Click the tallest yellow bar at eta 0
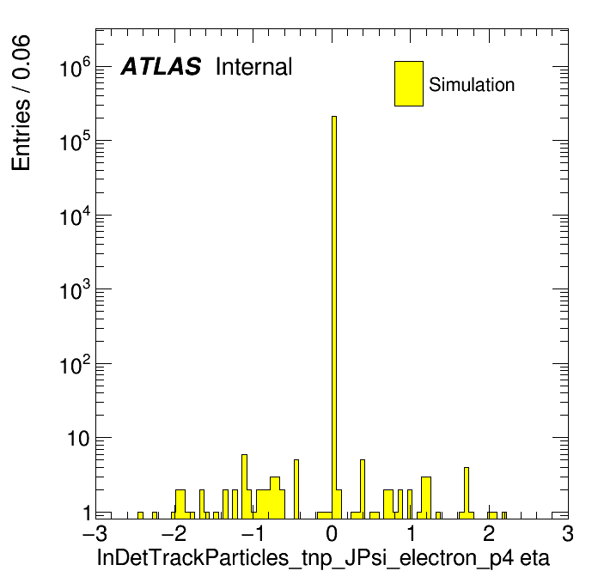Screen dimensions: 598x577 (x=334, y=317)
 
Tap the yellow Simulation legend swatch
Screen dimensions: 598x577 (x=409, y=83)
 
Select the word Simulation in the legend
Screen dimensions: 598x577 (x=472, y=84)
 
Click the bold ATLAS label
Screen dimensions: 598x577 (x=161, y=66)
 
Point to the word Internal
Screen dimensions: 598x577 (x=254, y=66)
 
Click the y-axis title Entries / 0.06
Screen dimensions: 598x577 (x=21, y=103)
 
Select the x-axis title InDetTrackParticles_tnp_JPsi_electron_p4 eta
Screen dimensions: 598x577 (x=323, y=558)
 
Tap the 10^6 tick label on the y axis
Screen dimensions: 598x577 (x=75, y=68)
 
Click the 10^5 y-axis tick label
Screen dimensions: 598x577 (x=75, y=142)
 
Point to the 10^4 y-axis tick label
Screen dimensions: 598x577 (x=75, y=216)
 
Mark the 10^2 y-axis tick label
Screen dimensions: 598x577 (x=75, y=365)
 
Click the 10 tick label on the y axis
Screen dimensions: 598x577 (x=78, y=439)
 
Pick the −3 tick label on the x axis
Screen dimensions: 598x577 (x=95, y=534)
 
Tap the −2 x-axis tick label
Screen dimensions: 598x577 (x=174, y=534)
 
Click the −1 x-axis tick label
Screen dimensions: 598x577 (x=253, y=534)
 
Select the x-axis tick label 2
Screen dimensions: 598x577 (x=489, y=534)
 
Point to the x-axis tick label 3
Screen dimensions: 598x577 (x=568, y=534)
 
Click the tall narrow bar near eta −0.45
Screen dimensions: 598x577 (x=296, y=489)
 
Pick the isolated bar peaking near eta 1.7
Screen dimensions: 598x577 (x=467, y=493)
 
